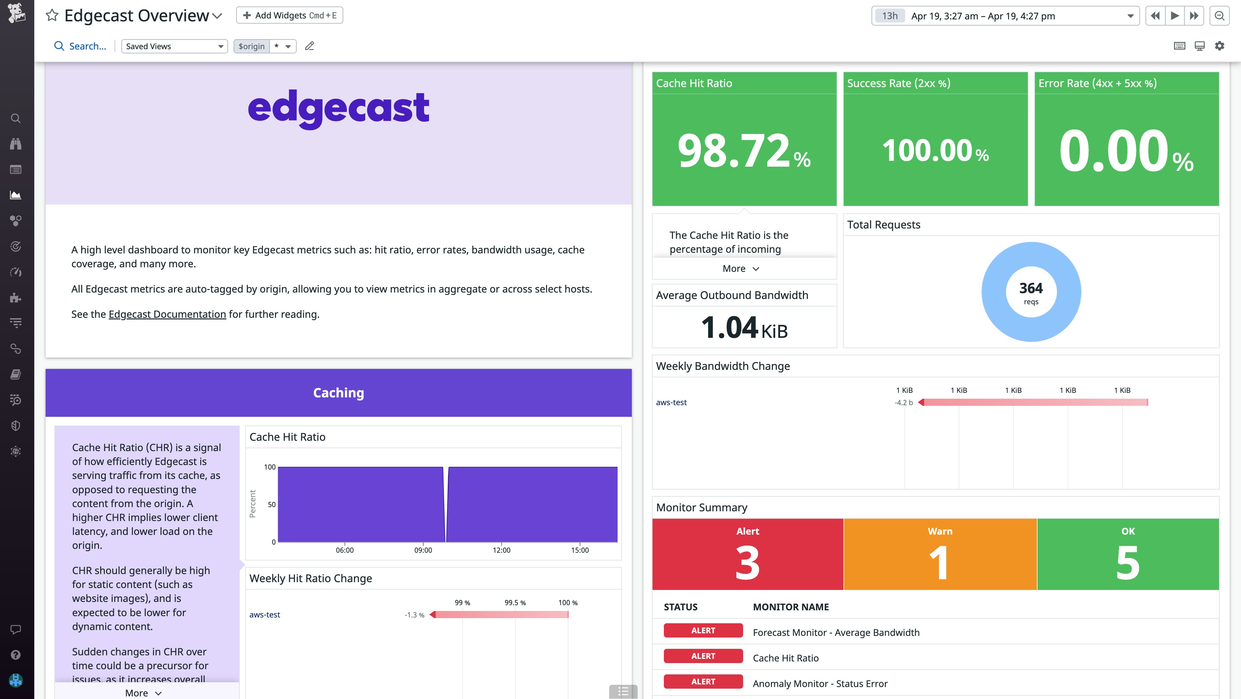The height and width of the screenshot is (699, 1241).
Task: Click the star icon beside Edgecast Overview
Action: coord(52,16)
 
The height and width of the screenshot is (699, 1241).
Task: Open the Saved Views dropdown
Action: coord(174,46)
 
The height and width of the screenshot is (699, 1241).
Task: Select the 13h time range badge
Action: coord(889,16)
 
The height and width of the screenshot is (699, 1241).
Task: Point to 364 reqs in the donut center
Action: coord(1031,292)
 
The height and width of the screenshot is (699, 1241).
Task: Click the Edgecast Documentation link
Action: coord(167,314)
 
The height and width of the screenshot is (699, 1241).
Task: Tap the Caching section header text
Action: coord(338,393)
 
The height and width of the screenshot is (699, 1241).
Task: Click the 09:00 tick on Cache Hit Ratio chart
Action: coord(423,550)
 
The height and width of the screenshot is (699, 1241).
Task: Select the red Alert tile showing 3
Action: coord(747,554)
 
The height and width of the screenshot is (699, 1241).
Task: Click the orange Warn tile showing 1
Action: coord(939,554)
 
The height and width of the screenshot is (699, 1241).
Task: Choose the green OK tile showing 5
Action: coord(1128,554)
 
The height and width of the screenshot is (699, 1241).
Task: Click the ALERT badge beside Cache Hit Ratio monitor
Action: coord(703,656)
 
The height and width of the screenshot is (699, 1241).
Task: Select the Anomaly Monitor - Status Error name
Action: coord(820,683)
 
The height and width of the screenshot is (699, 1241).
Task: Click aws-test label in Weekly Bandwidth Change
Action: coord(671,402)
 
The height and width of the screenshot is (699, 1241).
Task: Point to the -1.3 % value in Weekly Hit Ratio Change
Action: coord(414,615)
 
